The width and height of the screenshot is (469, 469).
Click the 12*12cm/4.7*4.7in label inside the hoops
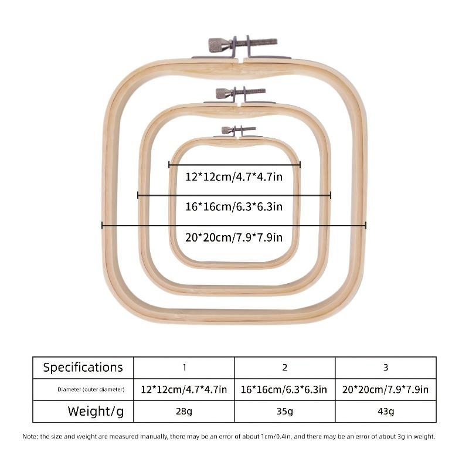(234, 177)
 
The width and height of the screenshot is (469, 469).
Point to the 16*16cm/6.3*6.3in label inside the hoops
(234, 207)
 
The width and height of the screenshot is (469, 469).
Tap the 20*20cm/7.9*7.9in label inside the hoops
(234, 237)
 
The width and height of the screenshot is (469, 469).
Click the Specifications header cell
(83, 368)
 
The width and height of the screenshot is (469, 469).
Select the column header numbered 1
(184, 368)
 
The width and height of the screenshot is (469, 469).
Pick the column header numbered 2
(285, 368)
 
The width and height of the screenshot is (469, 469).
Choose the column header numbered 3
(386, 368)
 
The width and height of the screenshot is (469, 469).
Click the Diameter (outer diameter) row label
(91, 389)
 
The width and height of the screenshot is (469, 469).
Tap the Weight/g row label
(96, 412)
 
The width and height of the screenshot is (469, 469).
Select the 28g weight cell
(184, 412)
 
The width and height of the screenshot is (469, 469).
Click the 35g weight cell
(285, 412)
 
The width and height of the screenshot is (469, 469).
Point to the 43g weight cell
(386, 412)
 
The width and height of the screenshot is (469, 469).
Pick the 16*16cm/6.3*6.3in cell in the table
(284, 389)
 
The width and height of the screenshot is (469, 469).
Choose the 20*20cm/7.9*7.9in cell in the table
(385, 389)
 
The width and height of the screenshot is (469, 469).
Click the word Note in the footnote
(29, 436)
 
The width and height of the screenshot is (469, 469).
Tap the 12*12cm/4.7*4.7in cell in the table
(184, 389)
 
